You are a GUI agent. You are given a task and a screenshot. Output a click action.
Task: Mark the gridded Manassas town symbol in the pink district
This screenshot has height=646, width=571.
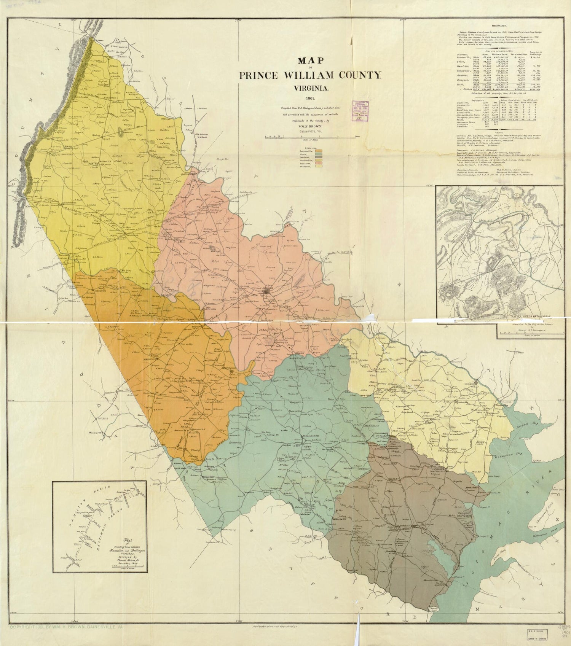click(x=266, y=291)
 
